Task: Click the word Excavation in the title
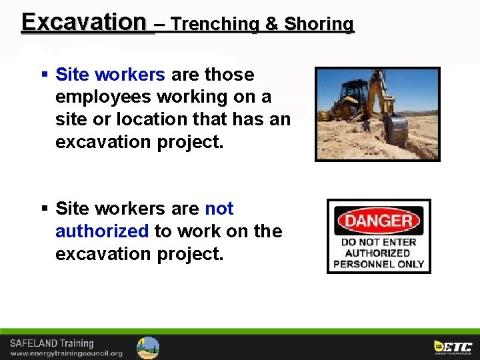coord(83,22)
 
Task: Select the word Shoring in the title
coord(319,25)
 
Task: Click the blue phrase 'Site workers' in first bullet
coord(110,74)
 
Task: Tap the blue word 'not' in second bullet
coord(219,209)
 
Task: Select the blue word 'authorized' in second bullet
coord(102,231)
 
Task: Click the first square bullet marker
coord(44,74)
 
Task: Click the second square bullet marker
coord(44,209)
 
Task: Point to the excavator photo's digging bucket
coord(396,130)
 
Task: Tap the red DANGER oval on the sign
coord(379,221)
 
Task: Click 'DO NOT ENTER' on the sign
coord(379,242)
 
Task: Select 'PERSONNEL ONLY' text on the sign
coord(379,264)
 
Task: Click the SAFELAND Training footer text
coord(51,343)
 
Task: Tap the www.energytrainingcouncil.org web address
coord(66,353)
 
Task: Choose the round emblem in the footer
coord(148,347)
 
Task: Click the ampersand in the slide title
coord(271,25)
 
